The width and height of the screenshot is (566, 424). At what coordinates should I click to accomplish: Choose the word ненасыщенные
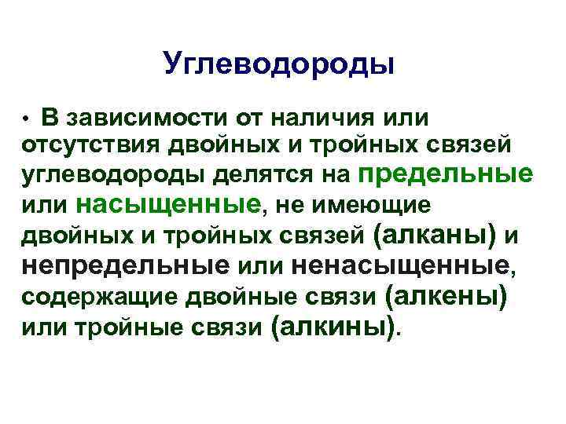400,265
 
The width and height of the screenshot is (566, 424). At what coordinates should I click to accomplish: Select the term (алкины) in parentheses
333,324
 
